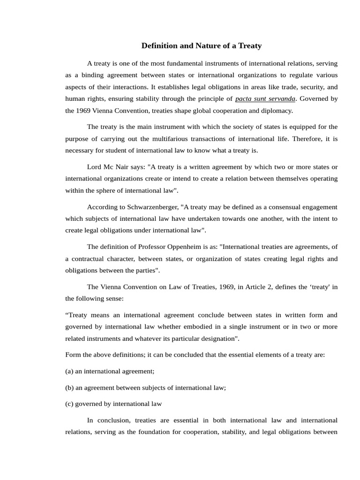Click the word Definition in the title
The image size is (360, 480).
(x=160, y=46)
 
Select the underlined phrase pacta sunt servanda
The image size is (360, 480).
(x=265, y=99)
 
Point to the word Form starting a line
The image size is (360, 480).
(x=73, y=355)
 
